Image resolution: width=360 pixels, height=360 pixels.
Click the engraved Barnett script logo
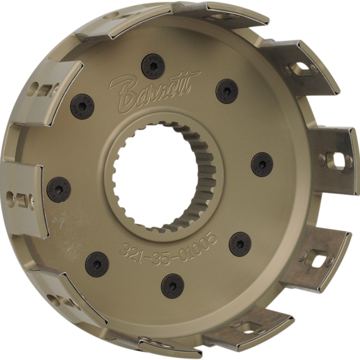click(x=154, y=92)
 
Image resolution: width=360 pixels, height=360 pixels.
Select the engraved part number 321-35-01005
click(x=168, y=251)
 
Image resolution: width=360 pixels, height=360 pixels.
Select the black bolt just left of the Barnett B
click(x=82, y=107)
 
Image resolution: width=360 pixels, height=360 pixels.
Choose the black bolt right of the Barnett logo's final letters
click(x=227, y=91)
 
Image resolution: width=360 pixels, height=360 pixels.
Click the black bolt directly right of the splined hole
click(x=262, y=164)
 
